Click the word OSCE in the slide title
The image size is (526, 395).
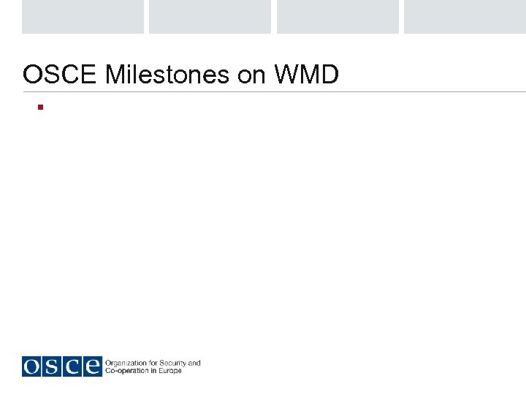click(61, 75)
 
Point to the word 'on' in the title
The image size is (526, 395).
click(251, 75)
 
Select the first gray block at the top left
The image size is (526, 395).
click(83, 16)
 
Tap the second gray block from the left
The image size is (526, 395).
click(210, 16)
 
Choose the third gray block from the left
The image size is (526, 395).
click(338, 16)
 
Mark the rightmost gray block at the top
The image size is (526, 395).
click(465, 16)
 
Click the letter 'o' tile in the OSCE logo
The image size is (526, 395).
click(32, 366)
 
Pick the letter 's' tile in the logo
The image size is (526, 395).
click(52, 366)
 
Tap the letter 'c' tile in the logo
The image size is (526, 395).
click(72, 366)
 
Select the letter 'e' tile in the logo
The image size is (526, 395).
click(91, 366)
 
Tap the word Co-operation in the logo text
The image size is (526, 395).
click(125, 371)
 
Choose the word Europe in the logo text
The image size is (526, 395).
click(170, 371)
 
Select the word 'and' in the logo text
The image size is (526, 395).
click(194, 363)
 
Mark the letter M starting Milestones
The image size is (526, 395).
click(115, 75)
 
